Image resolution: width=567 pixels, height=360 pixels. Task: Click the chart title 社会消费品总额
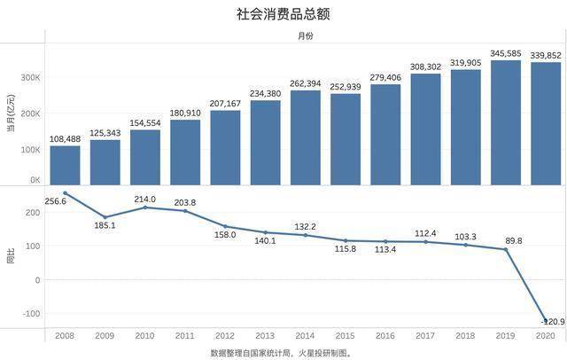tap(283, 14)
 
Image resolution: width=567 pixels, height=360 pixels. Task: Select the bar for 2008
tap(65, 165)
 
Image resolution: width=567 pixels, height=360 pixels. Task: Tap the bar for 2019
tap(505, 122)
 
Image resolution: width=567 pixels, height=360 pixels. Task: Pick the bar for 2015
tap(346, 139)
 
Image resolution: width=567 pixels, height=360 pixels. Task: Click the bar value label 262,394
tap(306, 83)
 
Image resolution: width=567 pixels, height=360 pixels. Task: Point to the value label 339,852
tap(546, 55)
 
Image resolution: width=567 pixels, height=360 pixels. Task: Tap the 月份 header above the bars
tap(305, 36)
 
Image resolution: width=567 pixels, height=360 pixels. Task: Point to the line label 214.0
tap(144, 200)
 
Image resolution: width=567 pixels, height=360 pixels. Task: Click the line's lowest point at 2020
tap(545, 320)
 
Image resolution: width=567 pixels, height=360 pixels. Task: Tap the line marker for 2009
tap(105, 217)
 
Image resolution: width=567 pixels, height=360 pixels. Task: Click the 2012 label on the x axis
tap(225, 337)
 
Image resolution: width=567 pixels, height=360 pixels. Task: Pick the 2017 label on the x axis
tap(425, 337)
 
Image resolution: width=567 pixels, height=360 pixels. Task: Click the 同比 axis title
tap(11, 258)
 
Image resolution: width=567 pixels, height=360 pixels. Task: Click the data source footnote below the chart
tap(281, 352)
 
